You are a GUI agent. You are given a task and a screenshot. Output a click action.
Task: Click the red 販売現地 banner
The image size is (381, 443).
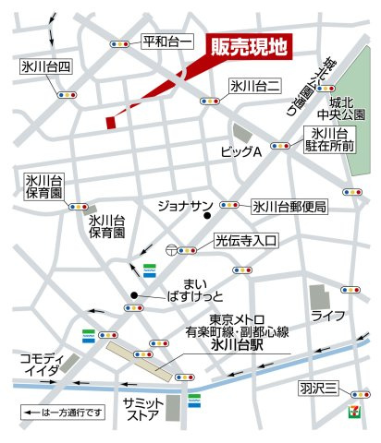(x=249, y=46)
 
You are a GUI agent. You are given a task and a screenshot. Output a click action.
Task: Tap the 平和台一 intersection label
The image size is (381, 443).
(x=167, y=42)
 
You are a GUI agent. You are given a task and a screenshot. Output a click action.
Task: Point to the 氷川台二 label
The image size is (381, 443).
(x=254, y=86)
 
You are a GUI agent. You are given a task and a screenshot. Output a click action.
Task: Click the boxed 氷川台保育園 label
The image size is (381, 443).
(x=43, y=186)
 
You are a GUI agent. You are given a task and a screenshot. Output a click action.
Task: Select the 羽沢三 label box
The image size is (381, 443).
(x=318, y=389)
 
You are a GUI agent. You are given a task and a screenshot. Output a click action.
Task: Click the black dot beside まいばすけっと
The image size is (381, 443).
(x=134, y=296)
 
